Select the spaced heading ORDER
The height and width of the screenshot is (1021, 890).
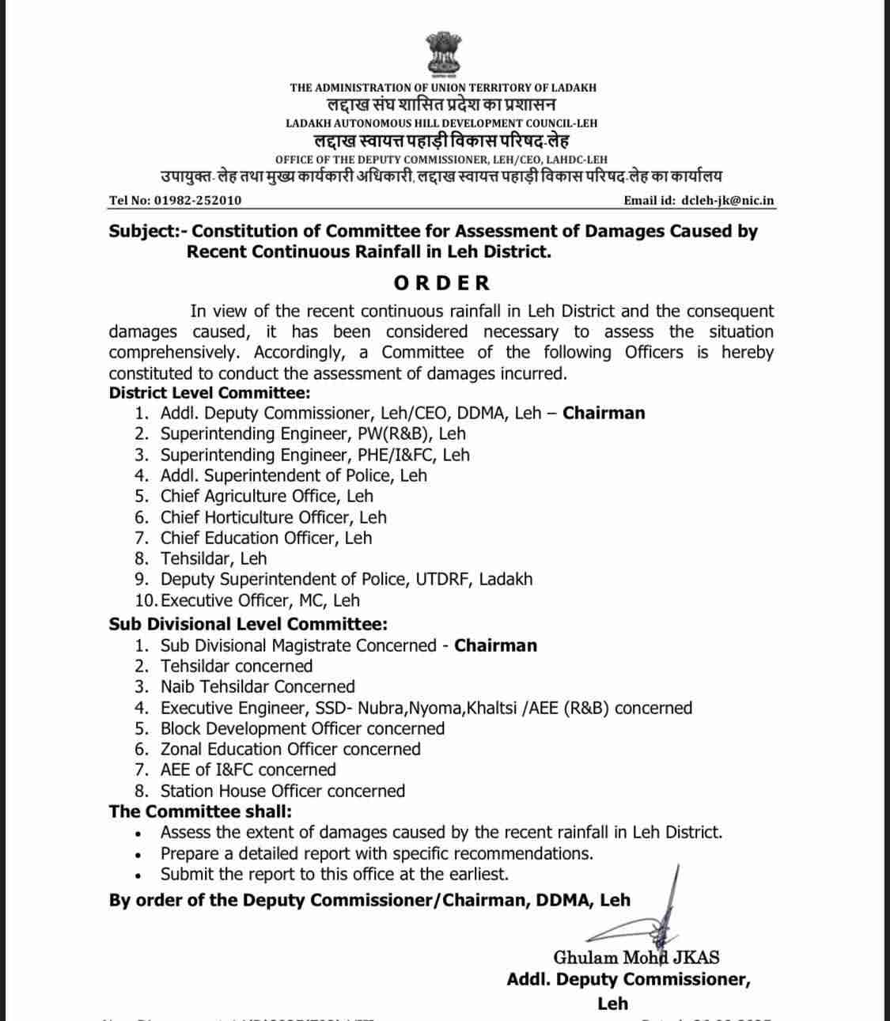[442, 283]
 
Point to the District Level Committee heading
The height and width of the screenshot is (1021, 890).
[210, 393]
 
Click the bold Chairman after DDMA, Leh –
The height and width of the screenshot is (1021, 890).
[604, 414]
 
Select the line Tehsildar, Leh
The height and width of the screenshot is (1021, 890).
[214, 558]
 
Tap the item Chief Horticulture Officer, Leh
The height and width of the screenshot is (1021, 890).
[273, 517]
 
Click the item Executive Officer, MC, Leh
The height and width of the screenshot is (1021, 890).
[259, 600]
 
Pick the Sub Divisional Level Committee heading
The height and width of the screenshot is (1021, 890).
[248, 624]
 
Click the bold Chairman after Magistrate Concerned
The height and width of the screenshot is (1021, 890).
[495, 645]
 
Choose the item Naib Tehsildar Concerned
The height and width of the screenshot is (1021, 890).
[257, 686]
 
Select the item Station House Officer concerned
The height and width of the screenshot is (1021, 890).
[282, 791]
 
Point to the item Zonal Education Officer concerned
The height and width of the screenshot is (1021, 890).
[290, 749]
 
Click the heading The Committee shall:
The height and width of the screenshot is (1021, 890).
[200, 811]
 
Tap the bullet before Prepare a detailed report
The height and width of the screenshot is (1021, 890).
[139, 855]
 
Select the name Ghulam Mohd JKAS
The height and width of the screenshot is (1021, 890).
[636, 958]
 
